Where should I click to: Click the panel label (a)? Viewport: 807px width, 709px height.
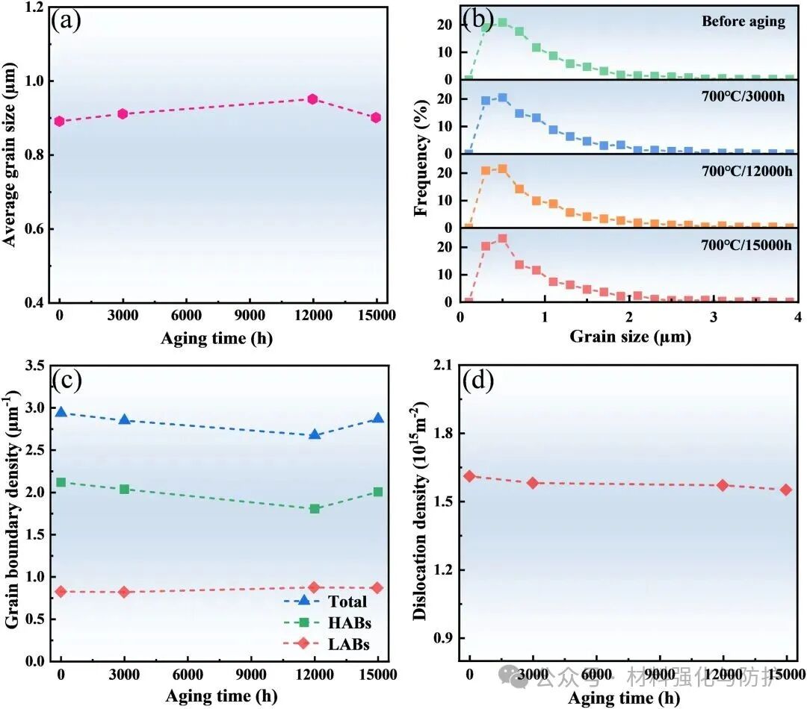click(65, 21)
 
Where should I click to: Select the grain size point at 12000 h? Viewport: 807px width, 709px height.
click(313, 99)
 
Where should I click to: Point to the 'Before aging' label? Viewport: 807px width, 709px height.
click(743, 21)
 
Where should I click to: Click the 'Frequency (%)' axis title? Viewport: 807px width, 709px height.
click(422, 154)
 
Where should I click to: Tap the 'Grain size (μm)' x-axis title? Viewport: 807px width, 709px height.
click(630, 337)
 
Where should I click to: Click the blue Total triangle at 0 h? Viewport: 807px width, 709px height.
click(61, 412)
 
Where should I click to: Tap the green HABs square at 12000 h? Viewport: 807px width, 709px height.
click(315, 509)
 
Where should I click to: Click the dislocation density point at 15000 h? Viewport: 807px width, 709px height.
click(786, 490)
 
